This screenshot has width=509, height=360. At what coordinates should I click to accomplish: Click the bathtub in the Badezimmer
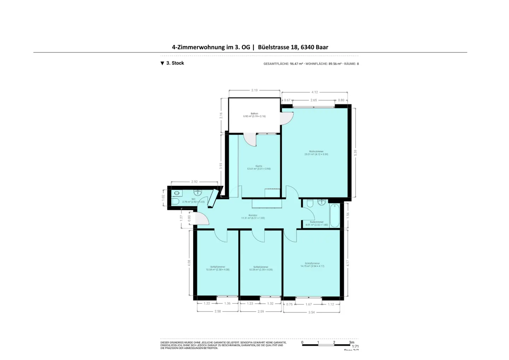[x=334, y=215]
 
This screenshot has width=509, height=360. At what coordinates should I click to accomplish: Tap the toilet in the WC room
[x=175, y=201]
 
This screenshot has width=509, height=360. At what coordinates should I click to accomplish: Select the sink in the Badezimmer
[x=321, y=202]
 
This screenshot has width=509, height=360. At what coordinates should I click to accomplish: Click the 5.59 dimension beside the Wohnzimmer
[x=356, y=153]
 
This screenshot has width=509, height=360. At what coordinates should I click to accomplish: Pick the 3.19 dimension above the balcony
[x=254, y=90]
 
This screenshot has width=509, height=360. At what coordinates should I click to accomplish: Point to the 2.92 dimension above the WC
[x=194, y=182]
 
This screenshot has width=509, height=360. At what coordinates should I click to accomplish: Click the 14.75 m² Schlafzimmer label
[x=312, y=265]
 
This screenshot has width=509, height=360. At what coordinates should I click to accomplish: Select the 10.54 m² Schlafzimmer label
[x=217, y=268]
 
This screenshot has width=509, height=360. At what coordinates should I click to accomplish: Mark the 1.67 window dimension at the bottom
[x=308, y=304]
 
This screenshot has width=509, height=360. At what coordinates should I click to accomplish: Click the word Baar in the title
[x=322, y=47]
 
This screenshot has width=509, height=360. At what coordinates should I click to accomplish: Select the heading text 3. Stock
[x=175, y=63]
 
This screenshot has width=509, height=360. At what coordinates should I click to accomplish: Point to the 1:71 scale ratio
[x=355, y=347]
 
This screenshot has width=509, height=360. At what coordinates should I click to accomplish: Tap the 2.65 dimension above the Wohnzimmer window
[x=314, y=100]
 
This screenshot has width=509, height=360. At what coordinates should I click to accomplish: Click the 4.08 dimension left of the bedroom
[x=189, y=262]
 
